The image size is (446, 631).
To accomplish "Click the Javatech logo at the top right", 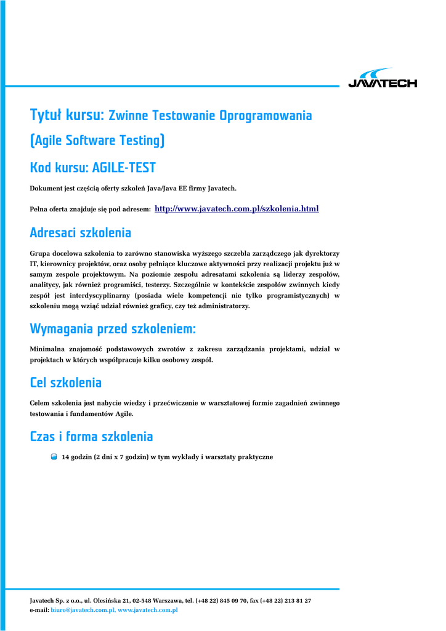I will [x=382, y=78].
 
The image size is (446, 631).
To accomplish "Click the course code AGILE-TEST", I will [x=119, y=168].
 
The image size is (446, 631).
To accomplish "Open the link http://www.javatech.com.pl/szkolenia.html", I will [x=237, y=209].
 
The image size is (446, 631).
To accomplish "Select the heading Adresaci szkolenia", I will [x=81, y=233].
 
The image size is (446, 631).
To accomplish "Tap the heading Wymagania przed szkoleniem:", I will [x=113, y=329].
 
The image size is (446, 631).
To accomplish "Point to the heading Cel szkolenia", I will [x=66, y=383].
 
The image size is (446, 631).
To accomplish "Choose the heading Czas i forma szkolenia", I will [x=91, y=437].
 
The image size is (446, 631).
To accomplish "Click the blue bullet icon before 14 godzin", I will [x=54, y=457].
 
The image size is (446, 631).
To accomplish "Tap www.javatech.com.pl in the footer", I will [x=148, y=610].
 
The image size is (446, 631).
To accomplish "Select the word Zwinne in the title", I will [x=128, y=116].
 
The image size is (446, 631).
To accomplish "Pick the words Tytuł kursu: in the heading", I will [x=67, y=115].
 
